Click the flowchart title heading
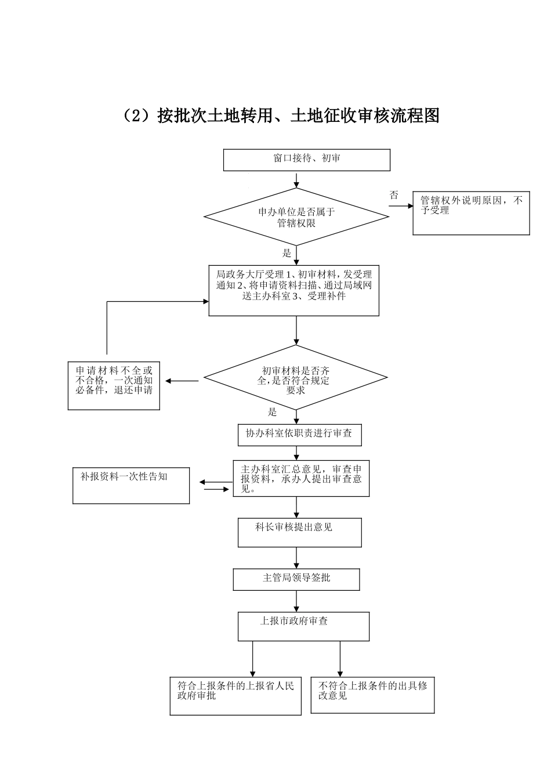point(281,116)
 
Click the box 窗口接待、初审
point(306,160)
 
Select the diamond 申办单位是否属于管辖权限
point(296,217)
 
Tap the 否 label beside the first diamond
point(394,196)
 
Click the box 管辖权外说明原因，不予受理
point(471,214)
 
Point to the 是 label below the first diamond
point(287,253)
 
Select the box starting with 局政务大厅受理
point(293,290)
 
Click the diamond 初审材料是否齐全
point(295,378)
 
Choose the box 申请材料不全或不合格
point(114,386)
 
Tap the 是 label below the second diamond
point(273,412)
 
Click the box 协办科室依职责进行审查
point(299,435)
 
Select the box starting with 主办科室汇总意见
point(301,479)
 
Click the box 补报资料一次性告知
point(131,485)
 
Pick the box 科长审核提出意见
point(299,532)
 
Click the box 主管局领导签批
point(296,579)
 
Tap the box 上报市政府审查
point(303,626)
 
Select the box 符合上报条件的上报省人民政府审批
point(235,696)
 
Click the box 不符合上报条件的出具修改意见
point(372,695)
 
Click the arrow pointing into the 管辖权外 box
point(401,206)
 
